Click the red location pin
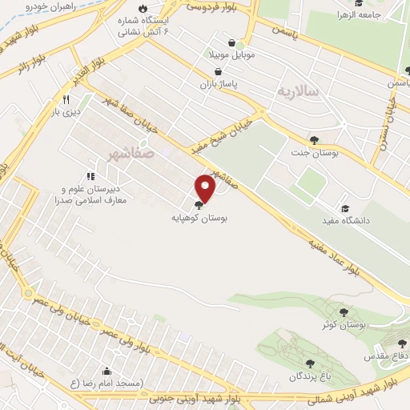click(x=206, y=187)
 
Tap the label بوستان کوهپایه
click(x=199, y=217)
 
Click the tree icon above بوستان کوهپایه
click(x=199, y=205)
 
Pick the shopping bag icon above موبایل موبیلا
click(x=231, y=44)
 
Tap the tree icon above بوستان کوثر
click(x=344, y=312)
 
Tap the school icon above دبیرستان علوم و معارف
click(x=90, y=176)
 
